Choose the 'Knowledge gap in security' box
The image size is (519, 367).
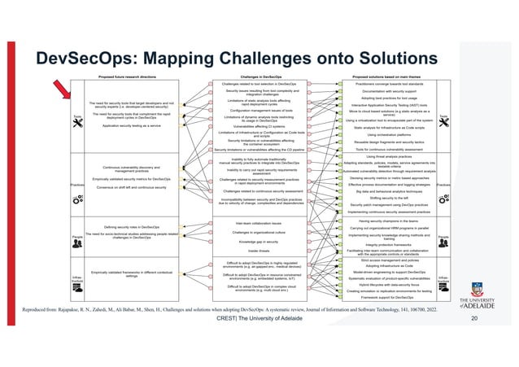[257, 242]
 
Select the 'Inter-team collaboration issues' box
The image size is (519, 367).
[257, 221]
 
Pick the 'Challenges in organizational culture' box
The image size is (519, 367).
[257, 232]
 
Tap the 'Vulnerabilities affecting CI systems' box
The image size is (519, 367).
[257, 126]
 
